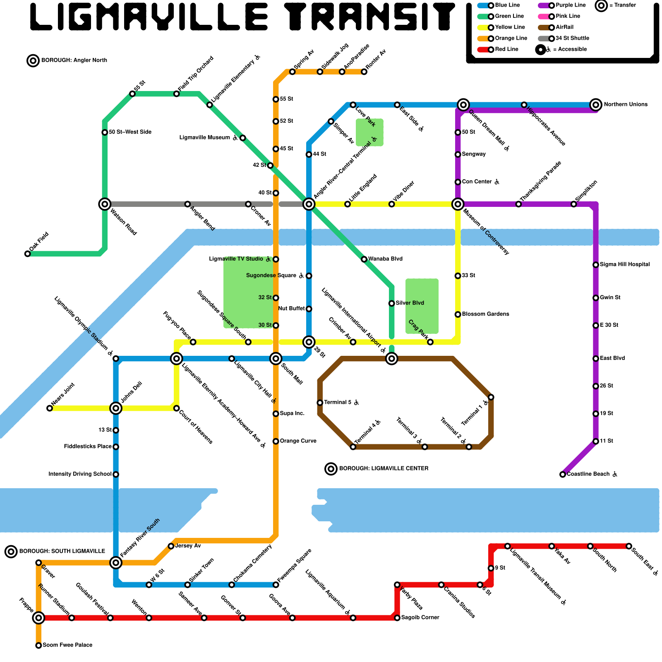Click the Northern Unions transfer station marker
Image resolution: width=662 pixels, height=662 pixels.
pyautogui.click(x=595, y=105)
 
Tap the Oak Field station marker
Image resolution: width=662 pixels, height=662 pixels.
pyautogui.click(x=27, y=254)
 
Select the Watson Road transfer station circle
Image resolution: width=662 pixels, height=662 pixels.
pyautogui.click(x=105, y=204)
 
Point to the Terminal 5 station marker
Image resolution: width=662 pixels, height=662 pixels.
pyautogui.click(x=320, y=403)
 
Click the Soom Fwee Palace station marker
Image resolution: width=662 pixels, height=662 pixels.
pyautogui.click(x=38, y=645)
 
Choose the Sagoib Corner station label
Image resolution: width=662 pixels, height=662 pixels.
pyautogui.click(x=420, y=618)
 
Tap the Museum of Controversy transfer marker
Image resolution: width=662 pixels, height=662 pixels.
pyautogui.click(x=458, y=204)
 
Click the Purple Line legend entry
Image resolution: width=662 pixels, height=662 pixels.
pyautogui.click(x=571, y=5)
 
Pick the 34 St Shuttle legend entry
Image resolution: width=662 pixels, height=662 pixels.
pyautogui.click(x=572, y=38)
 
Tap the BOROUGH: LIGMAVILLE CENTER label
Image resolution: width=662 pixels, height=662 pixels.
pyautogui.click(x=384, y=469)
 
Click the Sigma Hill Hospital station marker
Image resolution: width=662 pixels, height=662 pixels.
pyautogui.click(x=595, y=265)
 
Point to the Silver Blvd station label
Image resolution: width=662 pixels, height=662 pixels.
pyautogui.click(x=410, y=303)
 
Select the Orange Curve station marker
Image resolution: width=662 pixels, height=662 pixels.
pyautogui.click(x=276, y=441)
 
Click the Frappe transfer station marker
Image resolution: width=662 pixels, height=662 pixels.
pyautogui.click(x=38, y=618)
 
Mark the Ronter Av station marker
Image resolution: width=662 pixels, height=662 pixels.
pyautogui.click(x=364, y=72)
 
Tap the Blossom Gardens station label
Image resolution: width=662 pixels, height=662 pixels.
pyautogui.click(x=485, y=314)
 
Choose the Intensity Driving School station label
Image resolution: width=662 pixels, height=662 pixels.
pyautogui.click(x=80, y=474)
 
